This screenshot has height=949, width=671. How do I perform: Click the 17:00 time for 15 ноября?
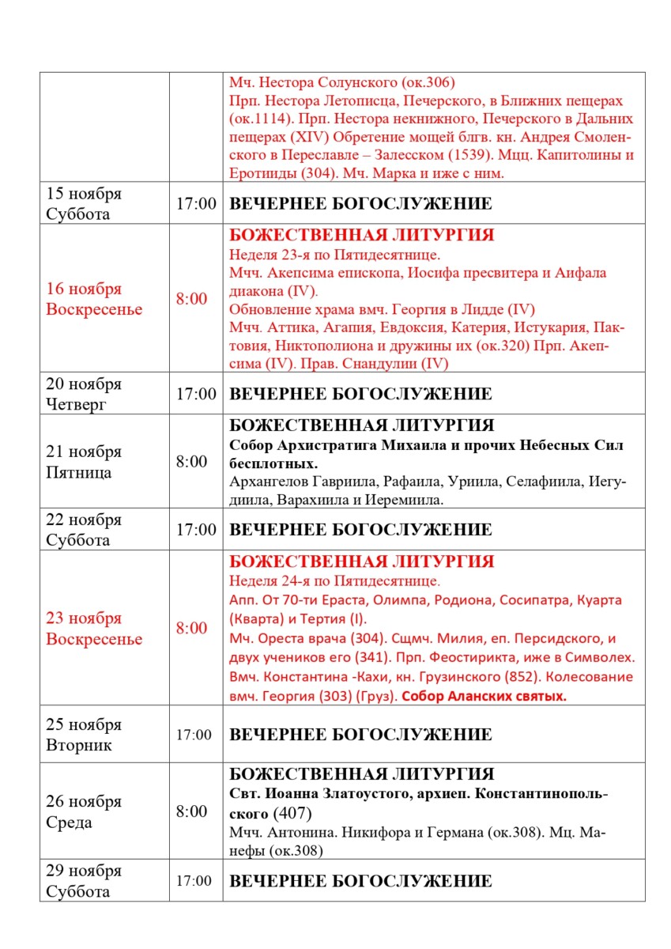pos(195,204)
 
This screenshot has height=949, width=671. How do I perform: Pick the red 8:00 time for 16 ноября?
pos(191,299)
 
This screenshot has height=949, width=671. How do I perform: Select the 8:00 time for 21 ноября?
pos(191,462)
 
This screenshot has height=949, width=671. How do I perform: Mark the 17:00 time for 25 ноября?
pos(194,735)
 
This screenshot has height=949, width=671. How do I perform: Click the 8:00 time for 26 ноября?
pos(191,812)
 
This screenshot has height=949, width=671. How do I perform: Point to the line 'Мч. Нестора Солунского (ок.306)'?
pos(341,83)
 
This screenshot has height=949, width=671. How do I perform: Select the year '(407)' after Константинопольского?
pos(292,813)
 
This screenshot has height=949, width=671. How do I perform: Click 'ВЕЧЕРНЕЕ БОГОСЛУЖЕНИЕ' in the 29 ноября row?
pos(360,881)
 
